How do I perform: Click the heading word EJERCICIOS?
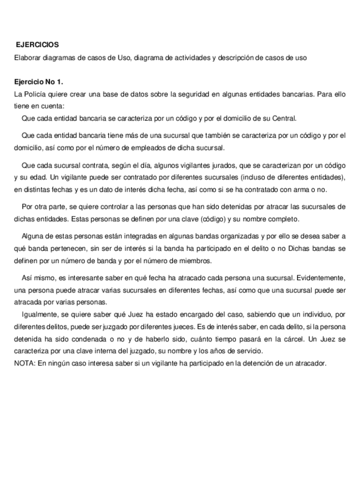coord(37,44)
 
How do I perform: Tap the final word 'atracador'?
coord(311,363)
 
